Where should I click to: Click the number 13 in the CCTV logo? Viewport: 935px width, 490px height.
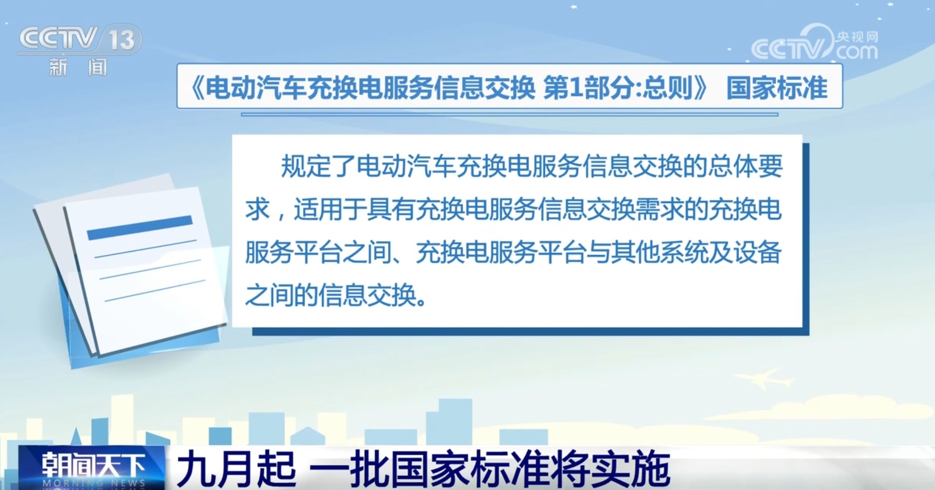point(122,40)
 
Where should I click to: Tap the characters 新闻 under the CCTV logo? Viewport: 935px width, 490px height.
point(78,67)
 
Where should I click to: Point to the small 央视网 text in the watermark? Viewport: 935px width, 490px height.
point(857,37)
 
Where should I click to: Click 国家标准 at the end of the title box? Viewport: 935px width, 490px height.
point(776,87)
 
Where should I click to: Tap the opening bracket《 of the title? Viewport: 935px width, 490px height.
point(196,87)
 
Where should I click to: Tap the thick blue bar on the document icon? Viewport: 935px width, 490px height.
point(140,227)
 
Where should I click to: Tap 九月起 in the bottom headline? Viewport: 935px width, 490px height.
point(236,468)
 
